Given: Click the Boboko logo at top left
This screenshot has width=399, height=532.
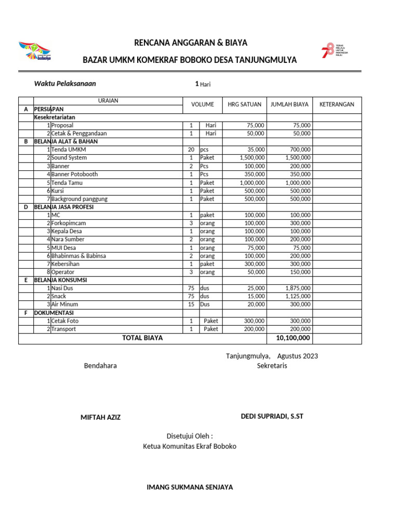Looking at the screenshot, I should [x=35, y=51].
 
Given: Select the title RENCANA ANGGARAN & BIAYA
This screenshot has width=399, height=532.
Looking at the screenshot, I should [x=191, y=43].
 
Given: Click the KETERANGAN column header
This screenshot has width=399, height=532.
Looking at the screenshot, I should [x=337, y=104].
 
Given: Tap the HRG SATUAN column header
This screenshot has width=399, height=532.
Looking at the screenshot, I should [x=244, y=104].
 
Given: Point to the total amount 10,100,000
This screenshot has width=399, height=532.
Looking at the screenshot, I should [x=290, y=338].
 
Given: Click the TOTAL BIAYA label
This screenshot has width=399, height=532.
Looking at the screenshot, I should [x=142, y=338].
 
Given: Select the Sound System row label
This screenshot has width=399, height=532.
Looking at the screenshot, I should [x=69, y=158].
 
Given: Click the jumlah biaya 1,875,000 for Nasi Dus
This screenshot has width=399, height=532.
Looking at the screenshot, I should [x=298, y=288].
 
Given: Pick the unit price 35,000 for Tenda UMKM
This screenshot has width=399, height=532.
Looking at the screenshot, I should [x=254, y=150].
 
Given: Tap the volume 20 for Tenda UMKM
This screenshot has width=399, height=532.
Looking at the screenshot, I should [x=191, y=150].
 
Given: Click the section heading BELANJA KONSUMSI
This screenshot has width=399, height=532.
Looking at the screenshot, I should [x=60, y=280].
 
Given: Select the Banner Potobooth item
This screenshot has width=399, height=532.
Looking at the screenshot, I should [x=74, y=175].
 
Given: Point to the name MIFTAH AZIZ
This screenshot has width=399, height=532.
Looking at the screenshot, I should [x=100, y=418].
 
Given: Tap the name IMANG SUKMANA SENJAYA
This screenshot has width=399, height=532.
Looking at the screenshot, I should [x=190, y=487].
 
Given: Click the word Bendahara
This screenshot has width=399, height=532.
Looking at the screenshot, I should [x=100, y=366].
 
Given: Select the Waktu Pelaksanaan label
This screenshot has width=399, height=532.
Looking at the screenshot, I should [x=65, y=84].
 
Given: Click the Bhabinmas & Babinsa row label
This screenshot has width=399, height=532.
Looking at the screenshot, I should [x=78, y=256].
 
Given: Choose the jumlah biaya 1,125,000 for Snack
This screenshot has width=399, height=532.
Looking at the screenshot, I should [x=298, y=297].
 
